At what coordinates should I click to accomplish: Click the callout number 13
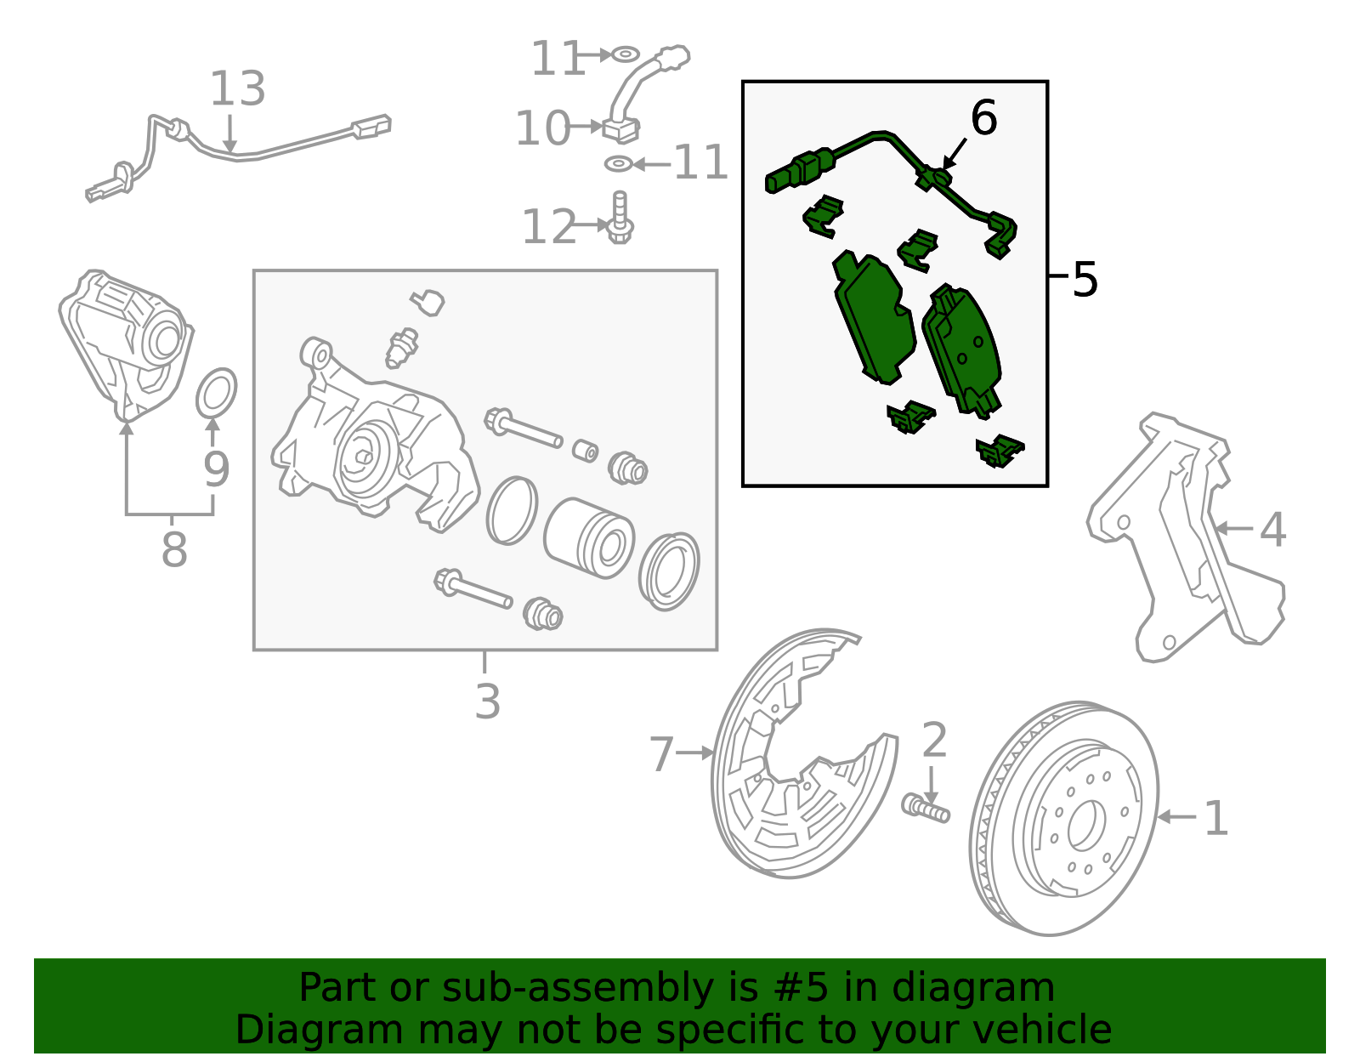tap(237, 89)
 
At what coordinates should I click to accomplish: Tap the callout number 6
tap(983, 118)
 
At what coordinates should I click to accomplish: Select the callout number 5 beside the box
tap(1085, 279)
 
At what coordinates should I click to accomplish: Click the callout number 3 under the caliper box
tap(487, 701)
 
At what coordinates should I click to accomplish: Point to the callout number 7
tap(661, 754)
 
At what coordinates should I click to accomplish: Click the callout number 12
tap(548, 227)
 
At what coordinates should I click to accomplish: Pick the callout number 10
tap(542, 129)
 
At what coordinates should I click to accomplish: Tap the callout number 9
tap(216, 469)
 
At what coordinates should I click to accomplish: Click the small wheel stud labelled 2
tap(925, 807)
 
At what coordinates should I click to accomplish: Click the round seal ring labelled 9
tap(217, 394)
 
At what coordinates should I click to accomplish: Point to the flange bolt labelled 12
tap(620, 218)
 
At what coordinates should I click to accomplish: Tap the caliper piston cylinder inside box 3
tap(589, 538)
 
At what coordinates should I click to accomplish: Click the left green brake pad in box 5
tap(873, 320)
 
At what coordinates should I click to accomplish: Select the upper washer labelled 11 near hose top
tap(625, 54)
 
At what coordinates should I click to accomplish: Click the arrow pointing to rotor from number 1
tap(1177, 817)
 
